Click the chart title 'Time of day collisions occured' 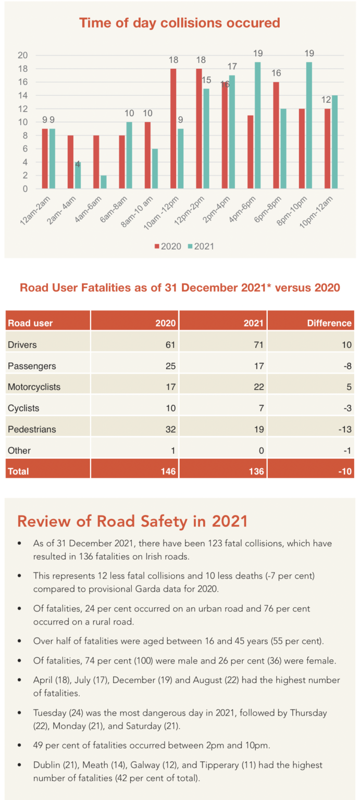(179, 23)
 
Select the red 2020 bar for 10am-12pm (173, 129)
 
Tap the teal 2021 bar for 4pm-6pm (258, 126)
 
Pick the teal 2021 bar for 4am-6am (103, 182)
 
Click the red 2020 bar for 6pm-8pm (276, 135)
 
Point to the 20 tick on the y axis (23, 56)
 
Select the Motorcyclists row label (34, 387)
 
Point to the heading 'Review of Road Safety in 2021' (133, 521)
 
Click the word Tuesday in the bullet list (49, 712)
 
